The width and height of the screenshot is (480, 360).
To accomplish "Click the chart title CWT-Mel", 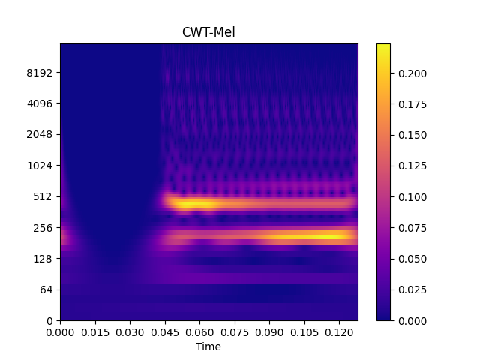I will (208, 32).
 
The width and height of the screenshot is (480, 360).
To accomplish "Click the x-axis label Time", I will (208, 346).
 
